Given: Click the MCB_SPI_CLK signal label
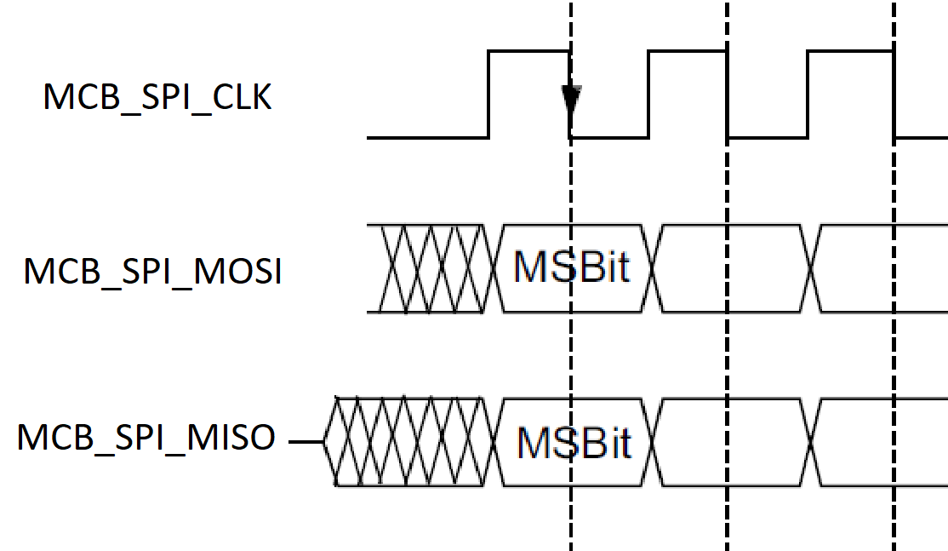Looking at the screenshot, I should click(x=157, y=98).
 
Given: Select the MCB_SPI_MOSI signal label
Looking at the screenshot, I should click(x=152, y=273).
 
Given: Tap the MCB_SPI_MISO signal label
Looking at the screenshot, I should click(x=146, y=438).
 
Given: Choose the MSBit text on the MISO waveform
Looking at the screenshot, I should click(x=574, y=442).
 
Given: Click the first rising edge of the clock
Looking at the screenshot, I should click(x=488, y=94).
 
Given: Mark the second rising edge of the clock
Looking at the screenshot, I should click(x=648, y=94).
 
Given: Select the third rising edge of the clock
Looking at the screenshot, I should click(x=808, y=94).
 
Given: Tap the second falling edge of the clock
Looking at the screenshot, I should click(x=728, y=94).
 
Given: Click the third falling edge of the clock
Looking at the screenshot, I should click(x=894, y=94).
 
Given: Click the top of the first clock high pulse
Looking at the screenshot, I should click(x=528, y=51).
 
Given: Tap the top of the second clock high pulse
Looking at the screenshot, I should click(x=688, y=51).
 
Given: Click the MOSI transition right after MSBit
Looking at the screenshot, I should click(x=657, y=268).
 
